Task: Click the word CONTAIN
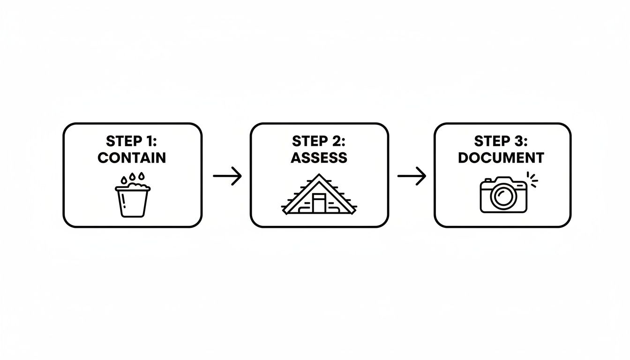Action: [x=132, y=158]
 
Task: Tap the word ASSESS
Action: [x=319, y=158]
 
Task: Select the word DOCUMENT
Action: [x=501, y=158]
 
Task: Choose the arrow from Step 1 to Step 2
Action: [x=227, y=176]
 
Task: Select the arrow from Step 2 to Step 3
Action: [x=412, y=176]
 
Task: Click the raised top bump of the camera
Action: [x=502, y=180]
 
